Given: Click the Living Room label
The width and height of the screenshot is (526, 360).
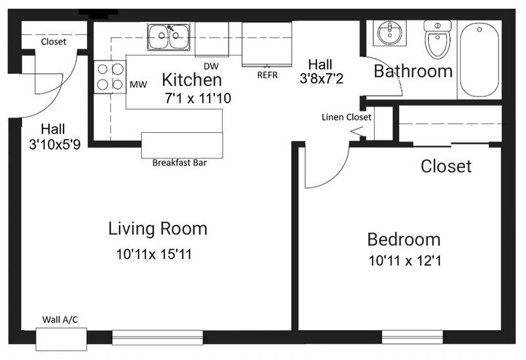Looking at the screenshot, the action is pos(158,229).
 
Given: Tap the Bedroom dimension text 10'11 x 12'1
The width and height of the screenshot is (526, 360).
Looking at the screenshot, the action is pos(405,261).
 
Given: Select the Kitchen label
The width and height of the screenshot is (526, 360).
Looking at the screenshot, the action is pos(192,80).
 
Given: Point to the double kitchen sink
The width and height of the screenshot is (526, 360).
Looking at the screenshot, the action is pos(169,37).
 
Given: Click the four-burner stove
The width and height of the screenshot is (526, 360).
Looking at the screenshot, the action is pos(110,77).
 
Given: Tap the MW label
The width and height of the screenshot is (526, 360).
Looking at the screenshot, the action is pos(138,85).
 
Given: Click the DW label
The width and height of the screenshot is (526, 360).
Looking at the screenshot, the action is pos(211,66).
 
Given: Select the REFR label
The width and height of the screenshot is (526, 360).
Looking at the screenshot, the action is pos(267,75).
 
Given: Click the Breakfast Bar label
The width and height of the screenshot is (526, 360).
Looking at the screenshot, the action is pos(180,163).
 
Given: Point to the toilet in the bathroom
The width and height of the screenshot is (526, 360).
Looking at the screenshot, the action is pos(438,39).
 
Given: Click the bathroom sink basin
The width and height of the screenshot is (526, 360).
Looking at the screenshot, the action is pos(389,33).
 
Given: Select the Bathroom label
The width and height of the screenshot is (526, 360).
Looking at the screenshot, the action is pos(413,72).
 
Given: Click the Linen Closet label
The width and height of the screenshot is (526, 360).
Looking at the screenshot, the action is pos(346,118).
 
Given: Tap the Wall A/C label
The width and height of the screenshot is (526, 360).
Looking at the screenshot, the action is pos(60,319).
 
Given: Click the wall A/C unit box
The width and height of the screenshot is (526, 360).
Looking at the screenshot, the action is pos(61,339).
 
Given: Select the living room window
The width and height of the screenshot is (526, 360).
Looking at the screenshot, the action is pos(157,337).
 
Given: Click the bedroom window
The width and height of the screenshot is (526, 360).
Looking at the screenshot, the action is pos(412,337).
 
